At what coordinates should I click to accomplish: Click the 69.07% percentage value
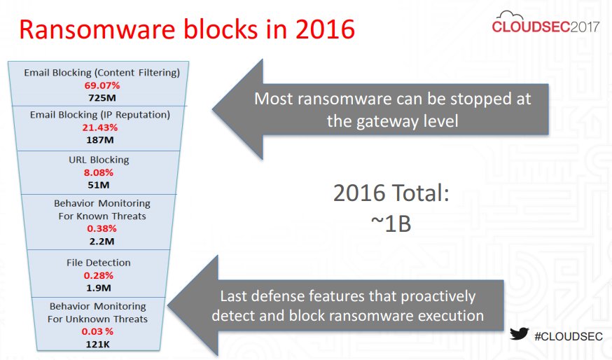[x=102, y=85]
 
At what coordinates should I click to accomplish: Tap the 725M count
[x=102, y=97]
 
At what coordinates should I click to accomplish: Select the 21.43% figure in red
[x=100, y=127]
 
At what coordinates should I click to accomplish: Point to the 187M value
[x=100, y=140]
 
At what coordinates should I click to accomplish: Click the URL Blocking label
[x=99, y=160]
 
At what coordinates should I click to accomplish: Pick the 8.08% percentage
[x=98, y=172]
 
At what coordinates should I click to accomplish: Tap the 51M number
[x=98, y=185]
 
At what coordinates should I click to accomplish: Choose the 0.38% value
[x=102, y=228]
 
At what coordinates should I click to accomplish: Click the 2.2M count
[x=102, y=242]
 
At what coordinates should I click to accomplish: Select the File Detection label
[x=98, y=263]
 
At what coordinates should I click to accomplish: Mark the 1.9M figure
[x=98, y=288]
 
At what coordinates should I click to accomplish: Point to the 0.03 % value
[x=97, y=331]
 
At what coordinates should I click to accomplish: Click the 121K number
[x=97, y=345]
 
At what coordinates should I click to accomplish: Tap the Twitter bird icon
[x=519, y=334]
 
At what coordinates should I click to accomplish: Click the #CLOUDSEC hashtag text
[x=569, y=336]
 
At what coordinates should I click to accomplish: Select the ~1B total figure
[x=391, y=224]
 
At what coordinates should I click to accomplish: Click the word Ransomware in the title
[x=97, y=29]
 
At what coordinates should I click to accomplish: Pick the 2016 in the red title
[x=325, y=29]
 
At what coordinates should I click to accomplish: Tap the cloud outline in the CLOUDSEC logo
[x=509, y=15]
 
